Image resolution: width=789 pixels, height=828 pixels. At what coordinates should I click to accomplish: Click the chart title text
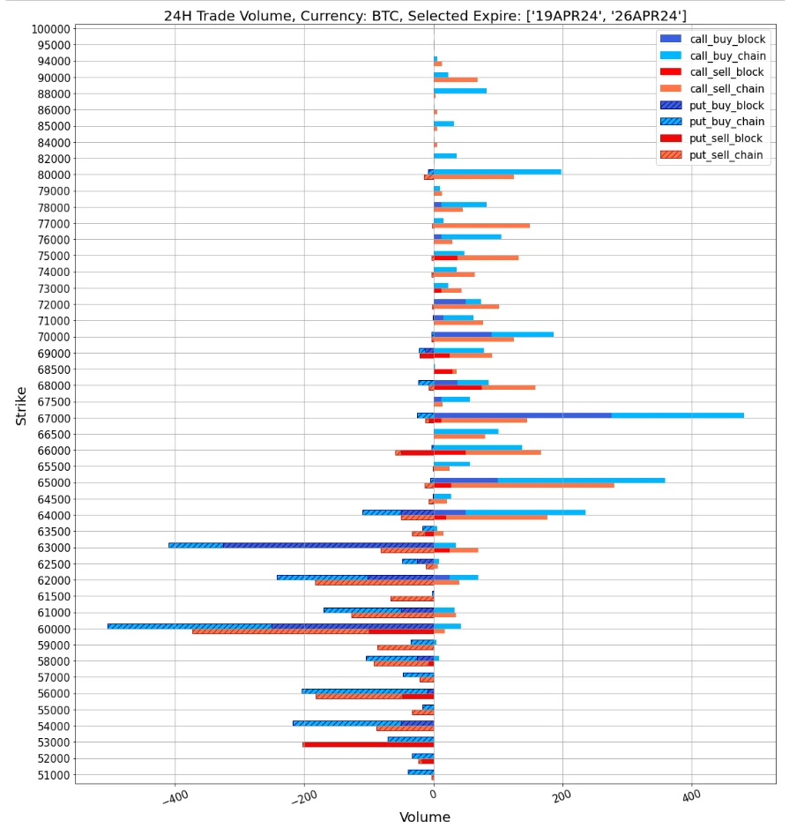[425, 15]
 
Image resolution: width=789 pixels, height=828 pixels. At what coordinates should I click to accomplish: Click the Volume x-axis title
[425, 817]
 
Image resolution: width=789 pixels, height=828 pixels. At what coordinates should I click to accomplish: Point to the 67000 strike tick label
[50, 418]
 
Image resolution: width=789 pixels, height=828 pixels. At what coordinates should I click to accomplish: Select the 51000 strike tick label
[50, 775]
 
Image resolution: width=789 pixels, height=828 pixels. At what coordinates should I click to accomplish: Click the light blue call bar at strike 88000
[460, 91]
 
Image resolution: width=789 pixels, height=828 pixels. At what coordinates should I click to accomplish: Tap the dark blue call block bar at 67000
[522, 415]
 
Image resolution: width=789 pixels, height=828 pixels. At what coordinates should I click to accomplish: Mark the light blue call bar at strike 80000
[498, 172]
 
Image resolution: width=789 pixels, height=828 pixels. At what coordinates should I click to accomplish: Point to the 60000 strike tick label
[50, 629]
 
